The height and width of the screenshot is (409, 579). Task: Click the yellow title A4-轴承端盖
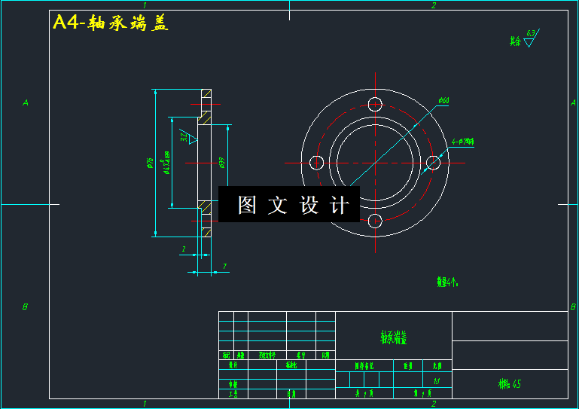pyautogui.click(x=111, y=23)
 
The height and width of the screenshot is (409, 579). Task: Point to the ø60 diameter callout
pyautogui.click(x=443, y=100)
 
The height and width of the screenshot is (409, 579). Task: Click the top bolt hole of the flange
pyautogui.click(x=375, y=104)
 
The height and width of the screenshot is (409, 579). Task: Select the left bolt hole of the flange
pyautogui.click(x=317, y=162)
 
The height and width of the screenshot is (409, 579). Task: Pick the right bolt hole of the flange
pyautogui.click(x=433, y=162)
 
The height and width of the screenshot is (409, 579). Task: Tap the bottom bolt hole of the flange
pyautogui.click(x=375, y=220)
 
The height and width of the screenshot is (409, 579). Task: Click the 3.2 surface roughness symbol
pyautogui.click(x=187, y=137)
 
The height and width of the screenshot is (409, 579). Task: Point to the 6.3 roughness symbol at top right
pyautogui.click(x=529, y=39)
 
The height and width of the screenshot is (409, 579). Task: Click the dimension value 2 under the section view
pyautogui.click(x=184, y=249)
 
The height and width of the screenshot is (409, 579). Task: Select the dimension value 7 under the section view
pyautogui.click(x=224, y=266)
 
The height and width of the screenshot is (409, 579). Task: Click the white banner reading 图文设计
pyautogui.click(x=289, y=205)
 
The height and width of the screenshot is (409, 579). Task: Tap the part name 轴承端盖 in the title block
pyautogui.click(x=393, y=338)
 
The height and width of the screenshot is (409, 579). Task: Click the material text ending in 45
pyautogui.click(x=510, y=384)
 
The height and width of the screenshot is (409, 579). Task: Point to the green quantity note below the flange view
pyautogui.click(x=447, y=282)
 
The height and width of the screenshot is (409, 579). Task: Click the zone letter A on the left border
pyautogui.click(x=25, y=102)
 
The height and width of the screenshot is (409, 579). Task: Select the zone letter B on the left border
pyautogui.click(x=25, y=307)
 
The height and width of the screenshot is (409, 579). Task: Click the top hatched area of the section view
pyautogui.click(x=204, y=118)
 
